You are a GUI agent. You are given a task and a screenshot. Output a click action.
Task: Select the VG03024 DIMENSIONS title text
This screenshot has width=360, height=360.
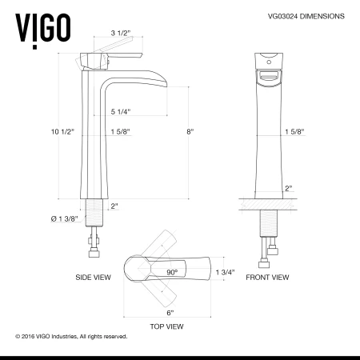(x=302, y=15)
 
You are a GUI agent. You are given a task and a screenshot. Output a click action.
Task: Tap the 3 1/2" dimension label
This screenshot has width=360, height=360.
(x=122, y=34)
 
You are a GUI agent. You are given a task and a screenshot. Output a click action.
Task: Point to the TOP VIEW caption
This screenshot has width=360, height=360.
(x=167, y=326)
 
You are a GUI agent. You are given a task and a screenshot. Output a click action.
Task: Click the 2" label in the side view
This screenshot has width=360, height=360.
(x=114, y=206)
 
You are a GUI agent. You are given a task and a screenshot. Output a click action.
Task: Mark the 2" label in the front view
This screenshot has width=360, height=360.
(x=288, y=189)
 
